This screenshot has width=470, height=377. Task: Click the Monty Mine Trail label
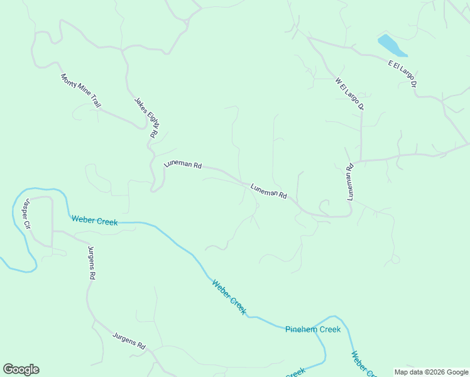pyautogui.click(x=80, y=90)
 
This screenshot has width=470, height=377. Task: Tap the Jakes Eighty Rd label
pyautogui.click(x=146, y=117)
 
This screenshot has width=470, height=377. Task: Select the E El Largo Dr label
pyautogui.click(x=403, y=74)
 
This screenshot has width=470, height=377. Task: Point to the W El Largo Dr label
pyautogui.click(x=349, y=94)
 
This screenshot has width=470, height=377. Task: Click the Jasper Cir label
pyautogui.click(x=26, y=214)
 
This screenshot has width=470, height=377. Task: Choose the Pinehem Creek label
pyautogui.click(x=312, y=329)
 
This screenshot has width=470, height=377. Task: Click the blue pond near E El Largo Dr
pyautogui.click(x=391, y=46)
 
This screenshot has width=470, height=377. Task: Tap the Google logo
pyautogui.click(x=21, y=369)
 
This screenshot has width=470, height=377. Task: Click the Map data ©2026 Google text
pyautogui.click(x=431, y=372)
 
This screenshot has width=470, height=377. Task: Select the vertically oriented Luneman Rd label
pyautogui.click(x=351, y=182)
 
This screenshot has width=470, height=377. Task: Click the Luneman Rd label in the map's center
pyautogui.click(x=268, y=190)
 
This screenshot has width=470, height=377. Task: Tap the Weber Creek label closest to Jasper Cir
pyautogui.click(x=94, y=220)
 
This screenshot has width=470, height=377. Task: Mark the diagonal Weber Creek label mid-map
pyautogui.click(x=229, y=297)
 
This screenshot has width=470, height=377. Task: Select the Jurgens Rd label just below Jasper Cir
pyautogui.click(x=91, y=263)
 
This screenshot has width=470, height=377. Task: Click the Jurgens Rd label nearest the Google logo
pyautogui.click(x=129, y=341)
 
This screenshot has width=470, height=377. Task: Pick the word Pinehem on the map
pyautogui.click(x=300, y=329)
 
